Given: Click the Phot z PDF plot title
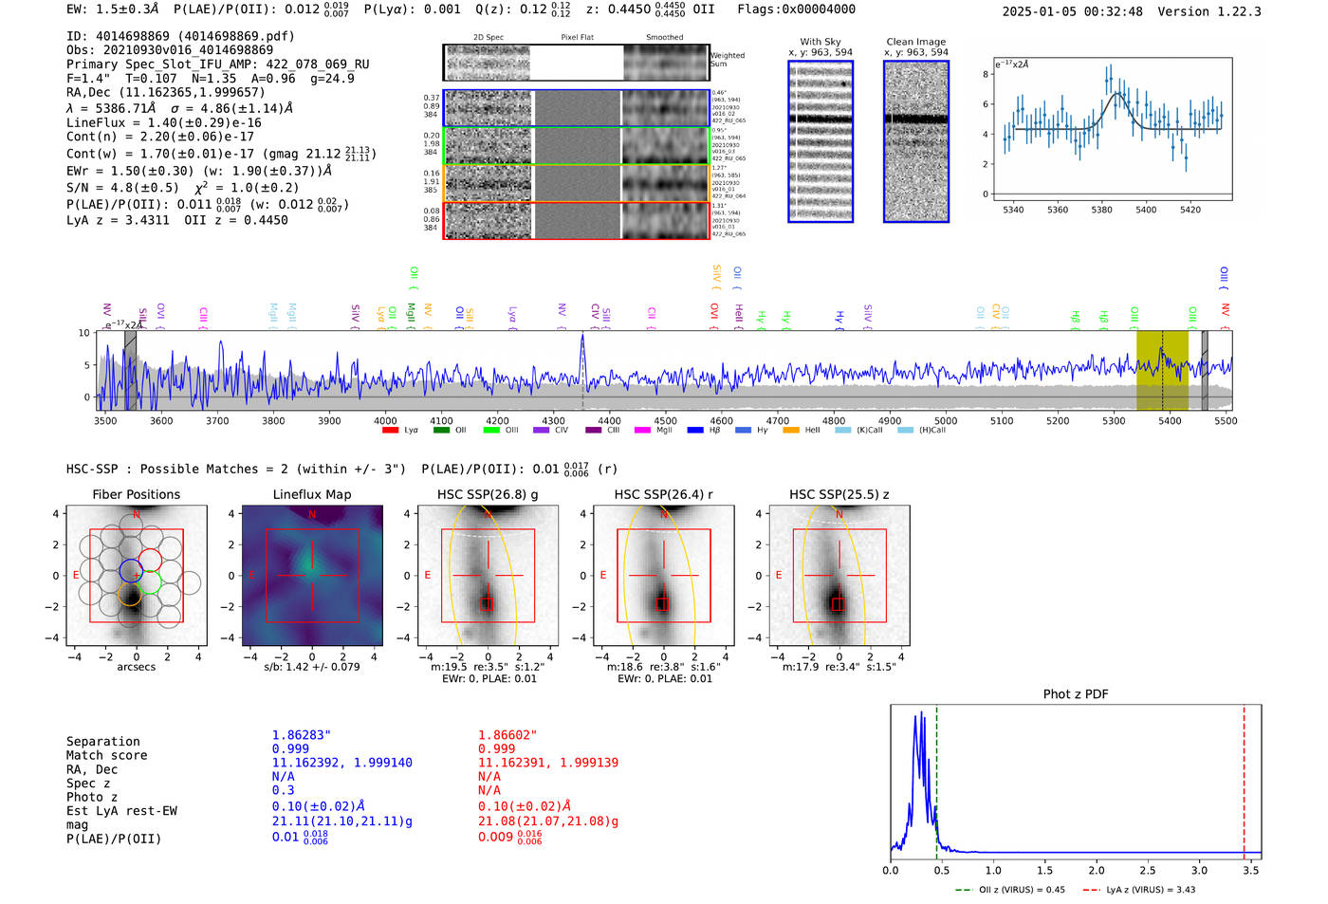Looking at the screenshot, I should click(x=1076, y=694).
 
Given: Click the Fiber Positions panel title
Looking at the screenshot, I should click(x=136, y=494).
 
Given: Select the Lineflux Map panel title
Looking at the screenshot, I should click(x=312, y=494).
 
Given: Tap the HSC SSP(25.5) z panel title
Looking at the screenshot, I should click(x=839, y=494).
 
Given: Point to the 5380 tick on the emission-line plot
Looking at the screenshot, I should click(x=1101, y=210).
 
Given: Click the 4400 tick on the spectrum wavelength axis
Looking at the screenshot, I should click(x=609, y=420).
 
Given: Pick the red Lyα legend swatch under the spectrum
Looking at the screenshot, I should click(x=390, y=431).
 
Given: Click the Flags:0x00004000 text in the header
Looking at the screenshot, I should click(x=796, y=9).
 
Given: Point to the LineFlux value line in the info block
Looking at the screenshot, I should click(x=163, y=122).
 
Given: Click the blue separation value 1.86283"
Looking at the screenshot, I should click(x=301, y=735).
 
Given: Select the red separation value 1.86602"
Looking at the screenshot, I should click(x=507, y=735).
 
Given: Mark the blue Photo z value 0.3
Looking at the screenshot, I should click(x=283, y=790).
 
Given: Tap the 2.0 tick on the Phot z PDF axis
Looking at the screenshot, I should click(x=1096, y=870).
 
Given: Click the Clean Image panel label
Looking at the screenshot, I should click(x=915, y=42).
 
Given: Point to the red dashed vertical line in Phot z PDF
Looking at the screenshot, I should click(x=1244, y=778).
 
